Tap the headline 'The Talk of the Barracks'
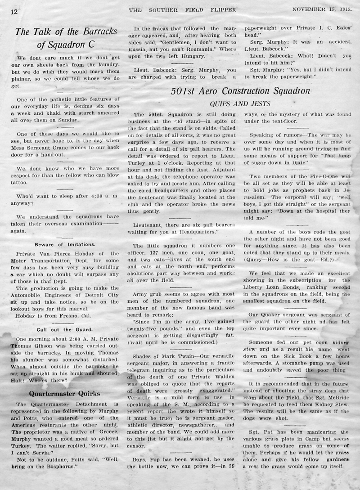click(66, 31)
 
